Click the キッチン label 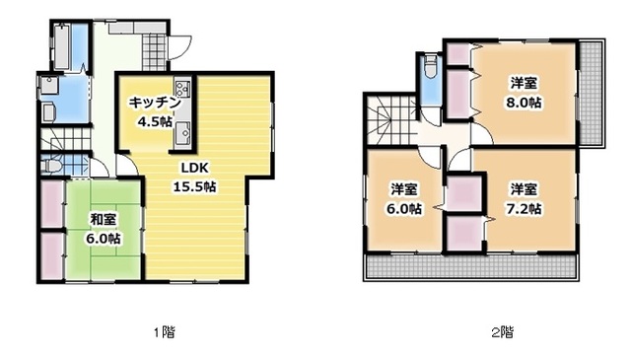click(x=154, y=104)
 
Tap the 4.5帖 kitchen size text click(x=154, y=121)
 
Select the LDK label click(x=195, y=168)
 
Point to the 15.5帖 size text click(x=195, y=186)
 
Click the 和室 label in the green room click(x=104, y=220)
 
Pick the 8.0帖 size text click(x=524, y=103)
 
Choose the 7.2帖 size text click(x=524, y=208)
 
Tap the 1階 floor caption click(x=165, y=332)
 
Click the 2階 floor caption click(x=503, y=332)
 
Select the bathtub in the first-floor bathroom click(x=62, y=46)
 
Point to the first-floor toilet click(x=51, y=166)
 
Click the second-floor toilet click(x=431, y=67)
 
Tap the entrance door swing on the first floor click(x=180, y=47)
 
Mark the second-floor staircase click(x=390, y=119)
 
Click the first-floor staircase click(x=66, y=139)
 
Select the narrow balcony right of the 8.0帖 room click(x=591, y=93)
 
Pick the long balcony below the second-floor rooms click(x=471, y=266)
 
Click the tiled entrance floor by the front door click(x=154, y=51)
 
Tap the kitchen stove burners click(x=182, y=88)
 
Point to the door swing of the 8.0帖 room click(x=482, y=134)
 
